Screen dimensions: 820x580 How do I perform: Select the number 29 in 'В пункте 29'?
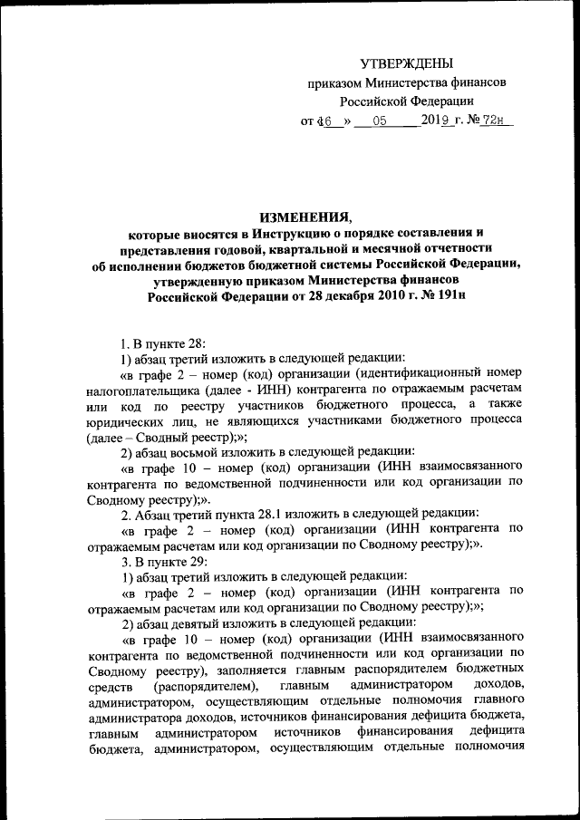(193, 560)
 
